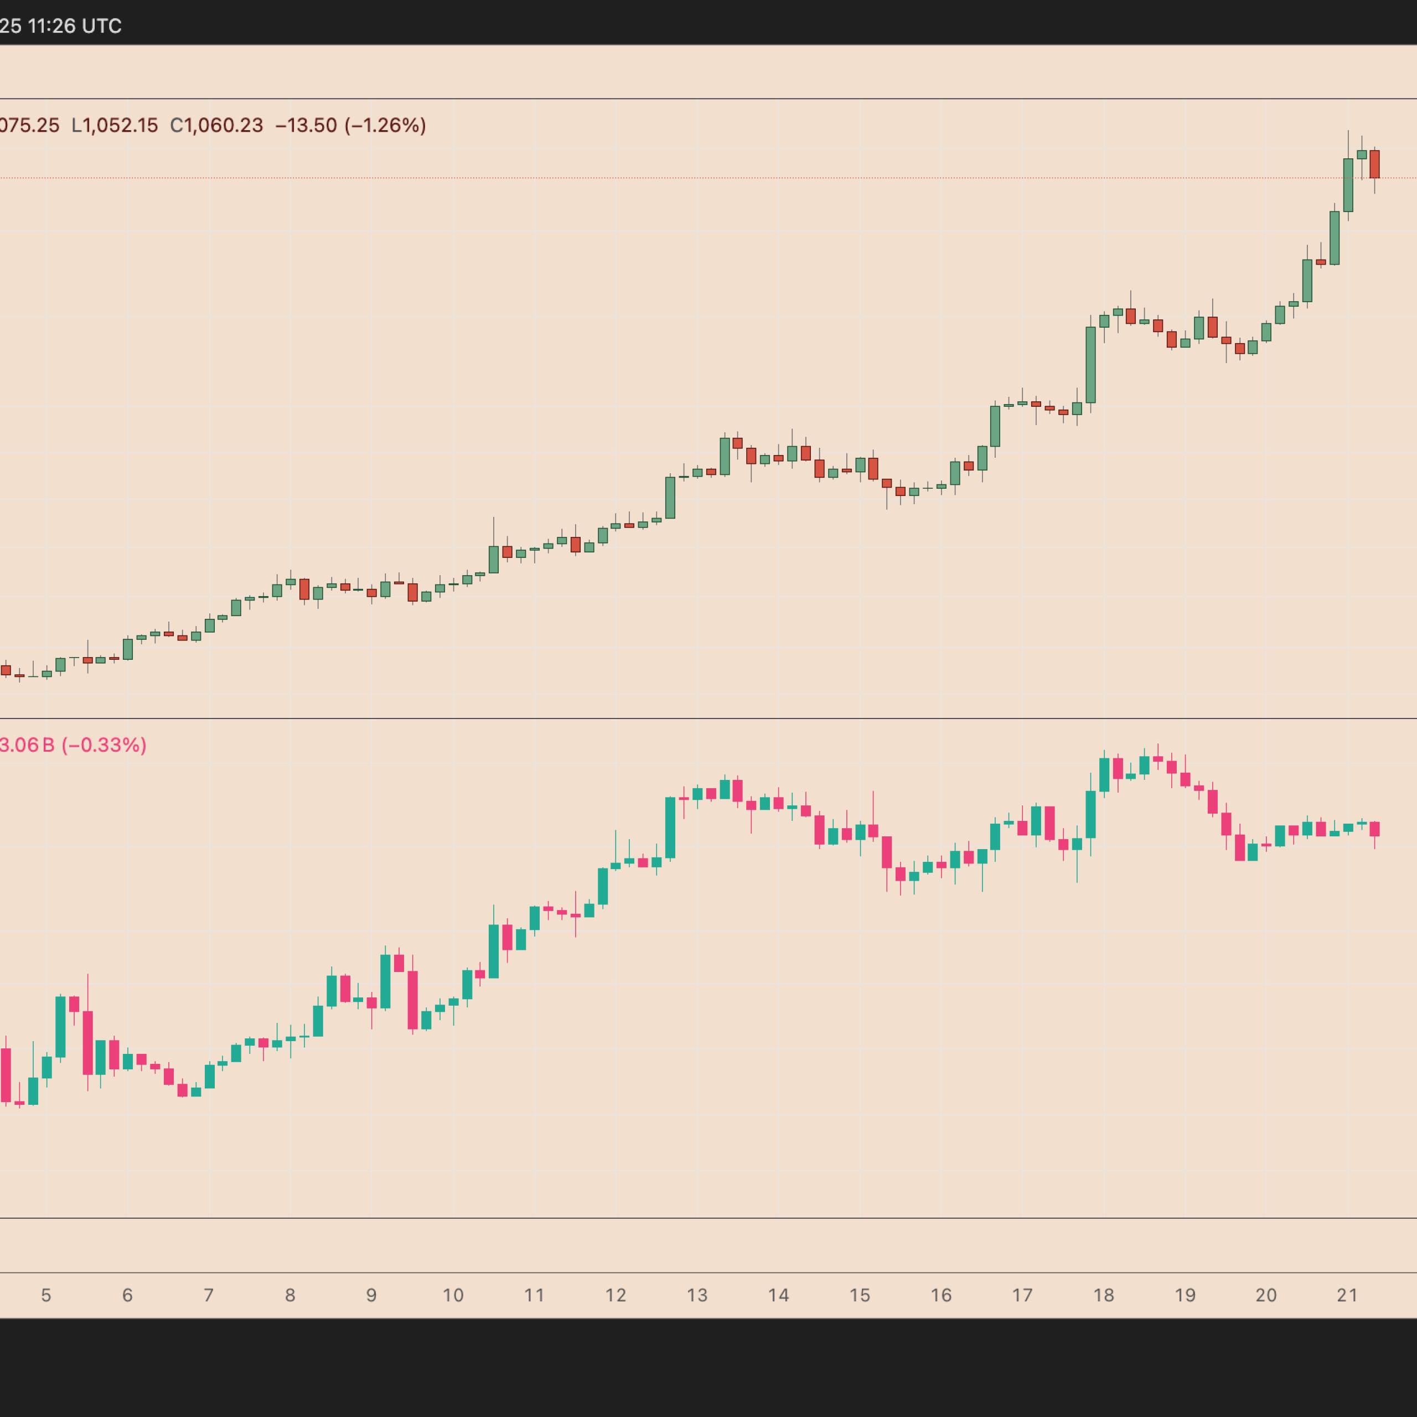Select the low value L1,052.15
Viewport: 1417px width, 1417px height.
115,126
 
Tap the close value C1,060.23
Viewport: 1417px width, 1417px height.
216,126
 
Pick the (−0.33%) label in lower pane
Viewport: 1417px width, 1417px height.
104,745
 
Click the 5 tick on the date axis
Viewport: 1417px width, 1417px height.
46,1295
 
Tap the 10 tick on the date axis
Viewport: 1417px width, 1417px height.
453,1295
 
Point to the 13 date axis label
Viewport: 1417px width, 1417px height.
697,1295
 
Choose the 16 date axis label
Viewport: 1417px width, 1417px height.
941,1295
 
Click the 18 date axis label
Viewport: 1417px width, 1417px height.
1104,1295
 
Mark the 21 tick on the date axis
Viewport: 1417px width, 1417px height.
1347,1295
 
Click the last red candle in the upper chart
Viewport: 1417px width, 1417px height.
1374,164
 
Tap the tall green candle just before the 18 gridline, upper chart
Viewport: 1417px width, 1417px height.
1090,365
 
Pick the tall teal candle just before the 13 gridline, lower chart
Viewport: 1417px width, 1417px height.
670,828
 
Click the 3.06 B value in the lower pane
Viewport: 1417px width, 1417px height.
27,745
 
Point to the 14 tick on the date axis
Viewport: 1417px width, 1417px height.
778,1295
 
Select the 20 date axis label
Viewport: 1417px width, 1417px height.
1266,1295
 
